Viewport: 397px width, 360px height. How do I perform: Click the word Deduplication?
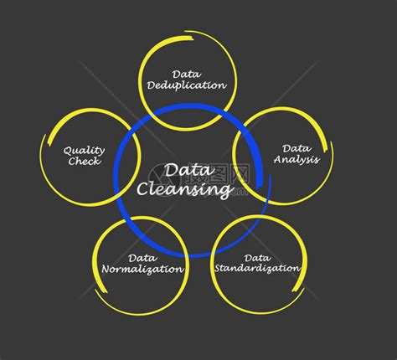187,85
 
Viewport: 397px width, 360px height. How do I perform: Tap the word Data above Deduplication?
187,75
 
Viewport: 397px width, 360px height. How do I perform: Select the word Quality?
84,151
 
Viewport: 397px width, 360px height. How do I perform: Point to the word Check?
85,161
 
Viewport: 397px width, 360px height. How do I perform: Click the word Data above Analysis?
296,148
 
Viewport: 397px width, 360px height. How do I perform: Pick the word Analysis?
296,160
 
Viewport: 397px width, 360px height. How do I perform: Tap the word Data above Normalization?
142,258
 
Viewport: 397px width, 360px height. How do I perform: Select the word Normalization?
142,269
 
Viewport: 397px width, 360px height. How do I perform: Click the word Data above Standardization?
257,258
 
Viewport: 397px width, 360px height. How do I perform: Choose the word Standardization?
257,268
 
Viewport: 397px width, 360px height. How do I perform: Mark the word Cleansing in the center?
184,189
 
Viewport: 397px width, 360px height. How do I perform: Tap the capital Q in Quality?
68,151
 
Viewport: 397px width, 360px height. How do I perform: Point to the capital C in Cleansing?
142,188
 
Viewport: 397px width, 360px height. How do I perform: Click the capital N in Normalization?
107,270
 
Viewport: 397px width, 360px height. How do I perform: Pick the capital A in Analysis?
279,159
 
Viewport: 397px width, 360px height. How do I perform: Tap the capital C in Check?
72,161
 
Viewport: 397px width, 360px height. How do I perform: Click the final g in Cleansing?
227,192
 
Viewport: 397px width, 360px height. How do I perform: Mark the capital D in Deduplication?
152,85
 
